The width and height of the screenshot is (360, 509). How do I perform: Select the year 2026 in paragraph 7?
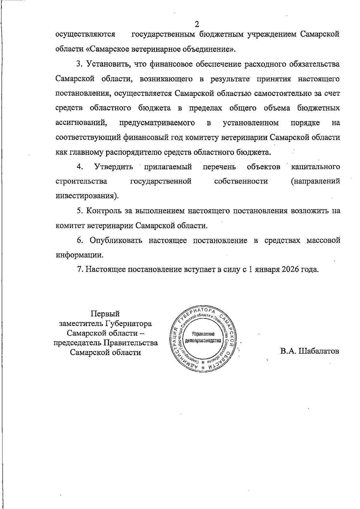pyautogui.click(x=291, y=269)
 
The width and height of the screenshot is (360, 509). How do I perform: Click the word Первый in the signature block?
pyautogui.click(x=105, y=314)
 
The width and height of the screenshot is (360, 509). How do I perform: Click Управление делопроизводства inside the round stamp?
pyautogui.click(x=203, y=338)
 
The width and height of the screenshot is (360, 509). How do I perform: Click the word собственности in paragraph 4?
pyautogui.click(x=241, y=181)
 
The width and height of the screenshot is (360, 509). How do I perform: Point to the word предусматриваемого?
pyautogui.click(x=157, y=123)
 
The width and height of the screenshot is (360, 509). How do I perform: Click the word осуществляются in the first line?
pyautogui.click(x=85, y=34)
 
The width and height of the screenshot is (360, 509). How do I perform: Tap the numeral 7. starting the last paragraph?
pyautogui.click(x=80, y=269)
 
